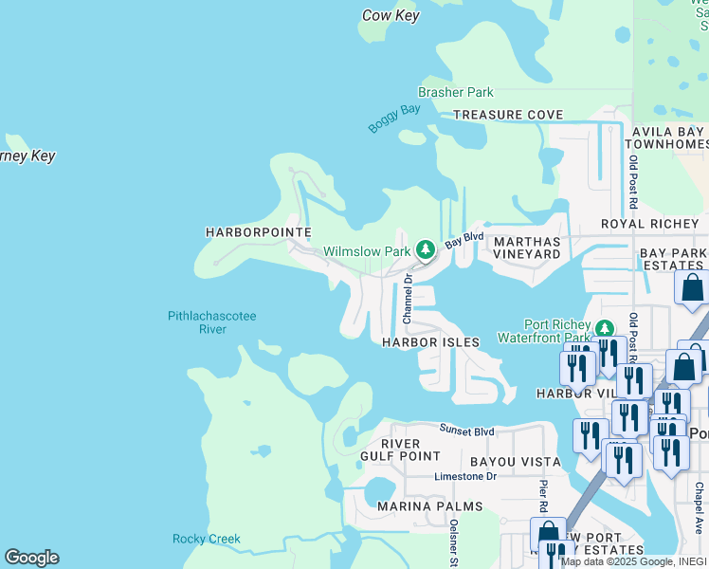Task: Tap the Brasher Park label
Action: click(x=456, y=93)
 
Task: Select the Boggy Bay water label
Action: click(x=393, y=119)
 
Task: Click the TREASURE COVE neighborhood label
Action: click(x=507, y=115)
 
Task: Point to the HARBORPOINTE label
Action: click(x=245, y=232)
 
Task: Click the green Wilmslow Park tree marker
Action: click(x=426, y=250)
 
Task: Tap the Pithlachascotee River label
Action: click(x=211, y=322)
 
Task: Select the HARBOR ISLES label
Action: click(x=430, y=341)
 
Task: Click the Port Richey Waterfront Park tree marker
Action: click(x=604, y=329)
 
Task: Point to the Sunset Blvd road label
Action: click(x=466, y=431)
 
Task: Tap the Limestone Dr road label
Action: click(x=465, y=477)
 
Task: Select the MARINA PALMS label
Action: click(x=429, y=506)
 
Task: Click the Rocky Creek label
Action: click(x=206, y=539)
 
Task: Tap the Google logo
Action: click(x=31, y=558)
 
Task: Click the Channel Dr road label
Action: click(x=409, y=297)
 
